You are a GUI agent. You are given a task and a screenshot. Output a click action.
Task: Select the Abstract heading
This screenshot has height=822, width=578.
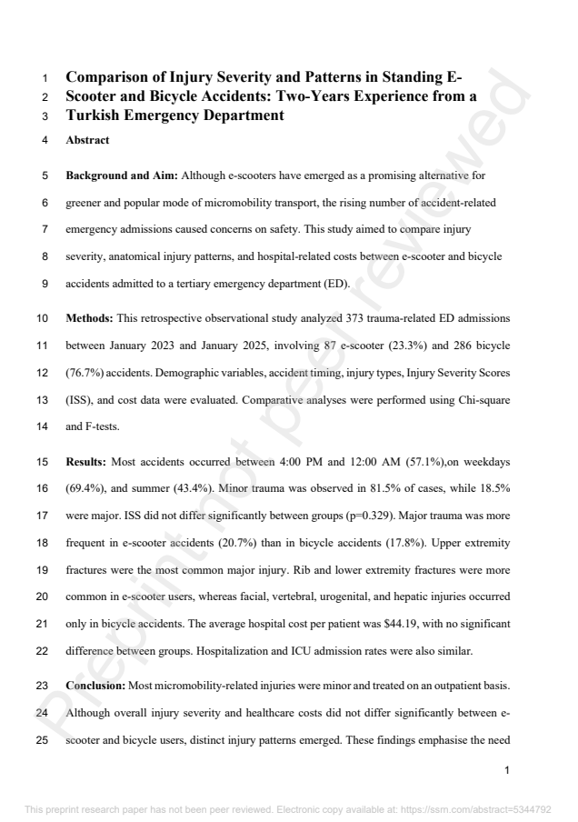click(89, 142)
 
